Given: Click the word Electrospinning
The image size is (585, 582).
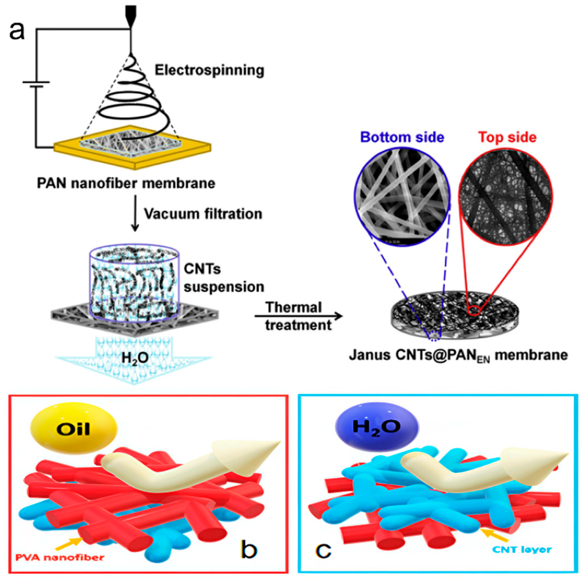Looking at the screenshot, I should click(x=209, y=70).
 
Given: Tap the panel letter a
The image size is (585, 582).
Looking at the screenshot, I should click(x=17, y=31).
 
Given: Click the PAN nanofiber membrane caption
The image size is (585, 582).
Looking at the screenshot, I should click(x=126, y=183).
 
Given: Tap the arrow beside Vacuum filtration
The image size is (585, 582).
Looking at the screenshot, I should click(x=135, y=213).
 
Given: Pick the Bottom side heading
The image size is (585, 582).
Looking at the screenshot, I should click(x=402, y=137).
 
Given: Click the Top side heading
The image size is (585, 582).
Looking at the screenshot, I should click(x=508, y=137).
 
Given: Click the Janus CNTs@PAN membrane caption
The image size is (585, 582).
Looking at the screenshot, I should click(x=458, y=355).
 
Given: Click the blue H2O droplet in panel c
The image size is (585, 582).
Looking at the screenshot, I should click(x=377, y=427).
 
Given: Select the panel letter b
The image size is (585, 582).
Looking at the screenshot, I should click(x=249, y=550).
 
